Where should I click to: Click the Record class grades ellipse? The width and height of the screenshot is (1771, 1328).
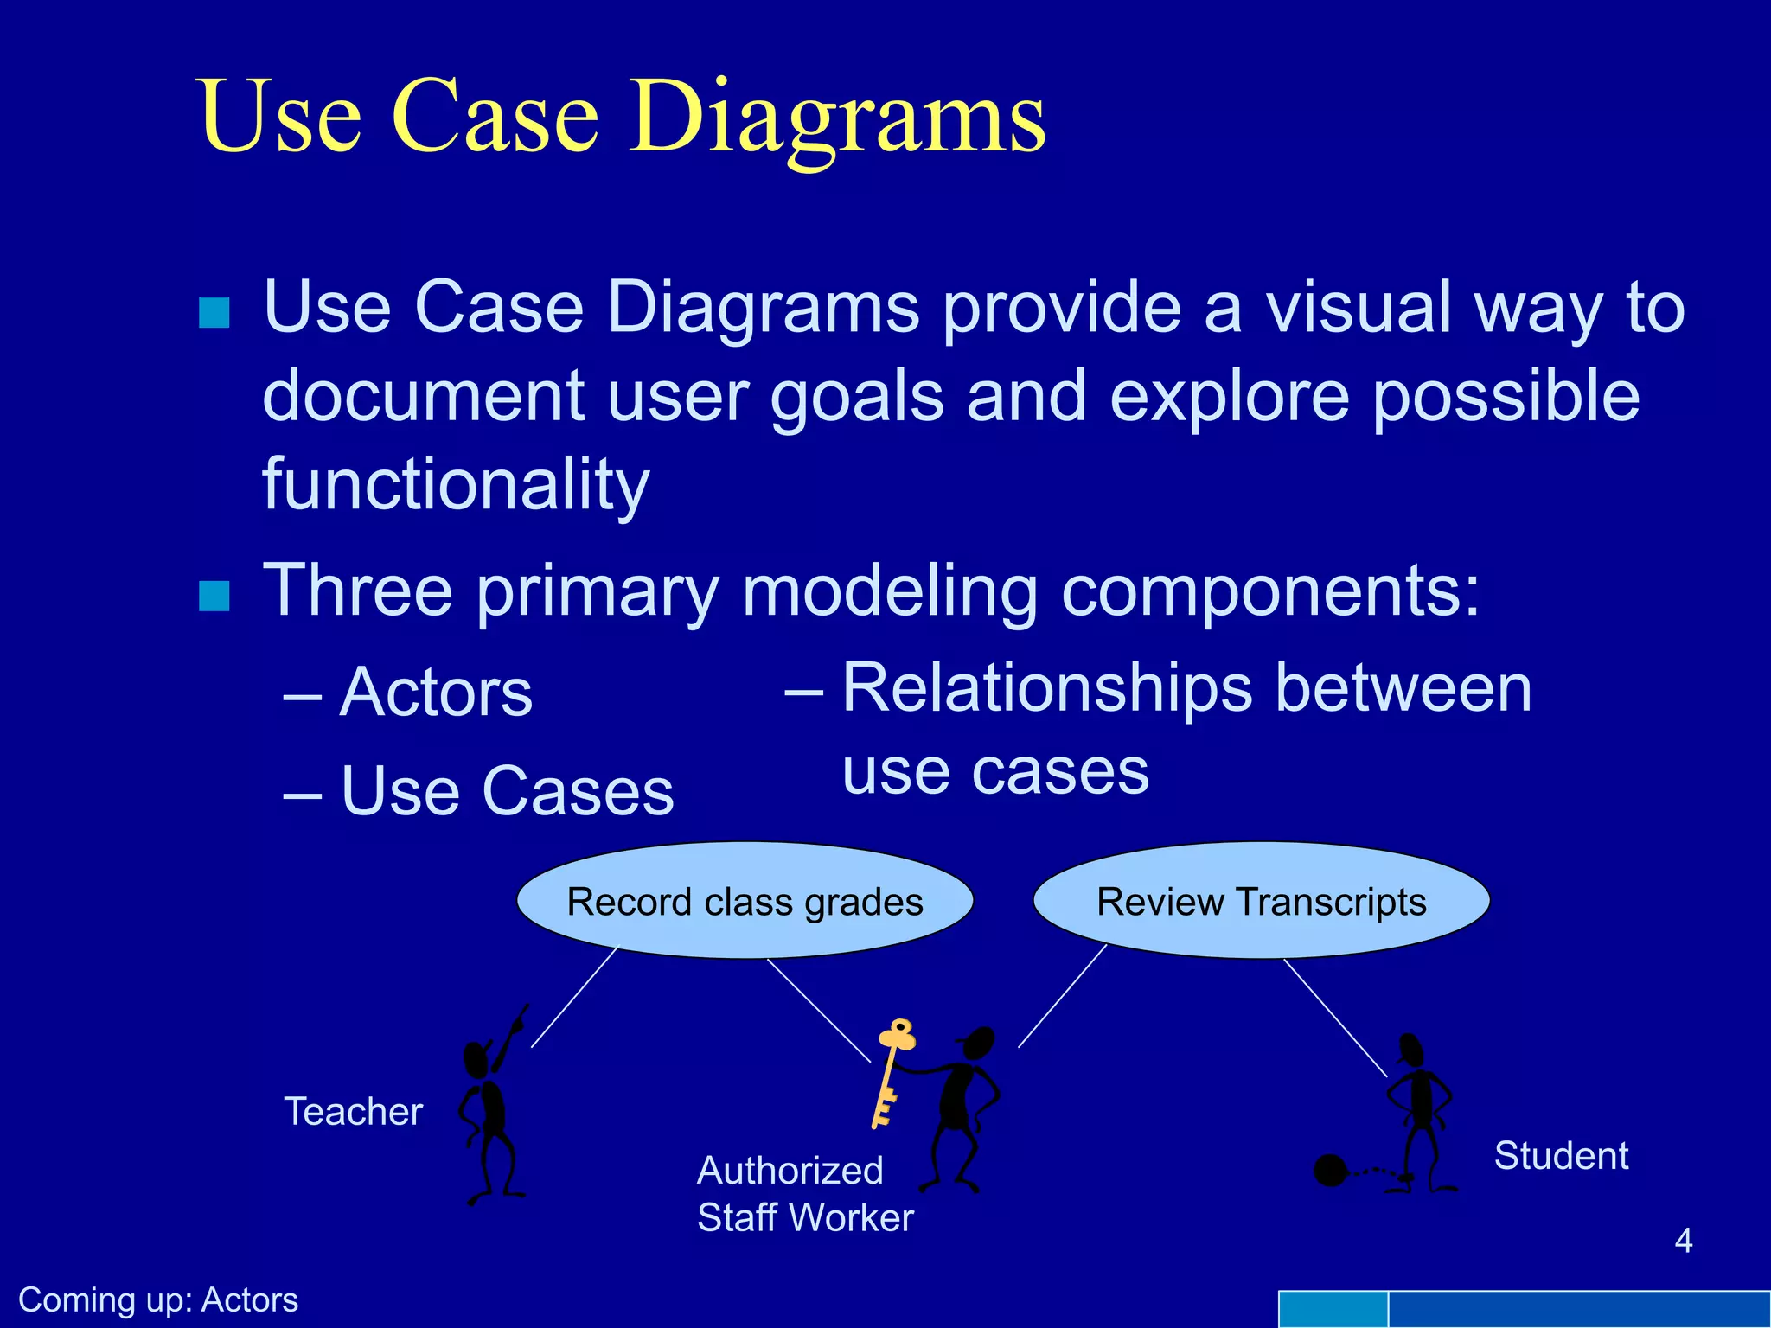pos(745,901)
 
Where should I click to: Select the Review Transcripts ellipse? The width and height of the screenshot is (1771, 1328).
pos(1261,901)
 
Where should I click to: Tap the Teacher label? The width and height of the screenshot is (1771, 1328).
pos(353,1112)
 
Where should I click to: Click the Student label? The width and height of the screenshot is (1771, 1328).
pos(1561,1156)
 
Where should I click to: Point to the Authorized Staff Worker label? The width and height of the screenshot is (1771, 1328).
pos(804,1194)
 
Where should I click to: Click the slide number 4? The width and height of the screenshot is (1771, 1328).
pos(1683,1241)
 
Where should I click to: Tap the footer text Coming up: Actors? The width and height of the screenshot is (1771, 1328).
pos(158,1300)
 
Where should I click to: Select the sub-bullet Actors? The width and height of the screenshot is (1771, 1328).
pos(436,693)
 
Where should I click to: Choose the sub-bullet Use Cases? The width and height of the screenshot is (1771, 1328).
pos(507,791)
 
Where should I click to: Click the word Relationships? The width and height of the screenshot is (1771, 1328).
pos(1046,689)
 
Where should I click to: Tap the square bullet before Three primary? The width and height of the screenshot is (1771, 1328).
pos(214,595)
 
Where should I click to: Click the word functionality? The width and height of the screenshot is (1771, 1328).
pos(456,484)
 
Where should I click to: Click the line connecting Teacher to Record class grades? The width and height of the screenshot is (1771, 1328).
pos(574,998)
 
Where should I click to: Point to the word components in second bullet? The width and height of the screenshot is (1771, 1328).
pos(1259,591)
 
